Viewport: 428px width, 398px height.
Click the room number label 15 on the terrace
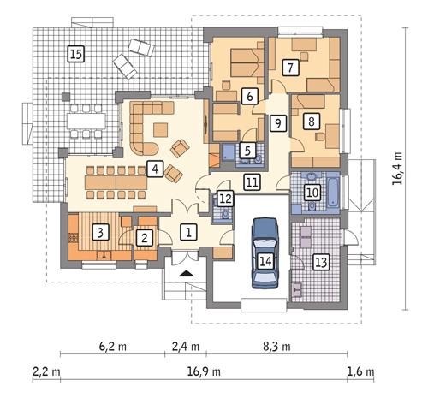75,55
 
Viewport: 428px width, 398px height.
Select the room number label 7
290,66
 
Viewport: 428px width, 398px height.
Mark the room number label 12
224,199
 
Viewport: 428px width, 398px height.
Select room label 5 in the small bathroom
247,151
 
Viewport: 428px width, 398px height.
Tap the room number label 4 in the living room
154,169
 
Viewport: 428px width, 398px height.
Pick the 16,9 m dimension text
205,372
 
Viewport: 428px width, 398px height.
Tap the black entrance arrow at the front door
187,273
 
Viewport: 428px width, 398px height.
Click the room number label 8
312,121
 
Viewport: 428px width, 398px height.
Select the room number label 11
251,181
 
